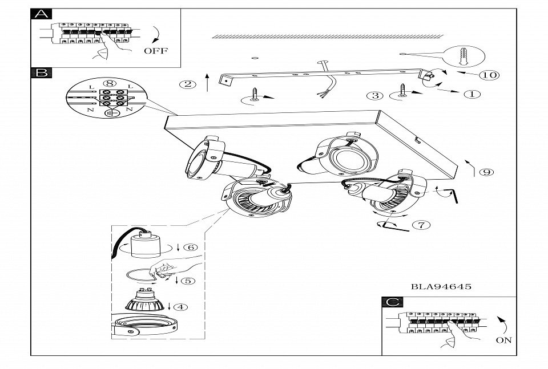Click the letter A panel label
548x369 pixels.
pos(41,14)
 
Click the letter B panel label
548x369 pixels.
pos(41,72)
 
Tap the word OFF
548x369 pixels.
pos(155,51)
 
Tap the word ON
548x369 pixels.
pos(503,340)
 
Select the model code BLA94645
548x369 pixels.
pos(441,287)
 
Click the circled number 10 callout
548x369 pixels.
pos(488,75)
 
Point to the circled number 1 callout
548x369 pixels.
pos(472,94)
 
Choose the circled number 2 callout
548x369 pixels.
pos(187,85)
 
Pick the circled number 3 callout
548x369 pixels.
pos(375,95)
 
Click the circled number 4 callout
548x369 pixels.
pos(180,307)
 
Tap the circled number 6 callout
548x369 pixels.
pos(191,247)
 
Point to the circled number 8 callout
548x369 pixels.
pos(110,83)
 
